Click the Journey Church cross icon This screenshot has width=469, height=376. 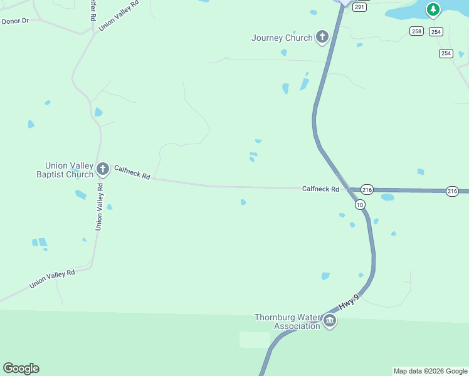322,37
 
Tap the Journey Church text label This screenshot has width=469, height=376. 282,38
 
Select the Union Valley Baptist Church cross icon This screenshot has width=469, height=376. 102,169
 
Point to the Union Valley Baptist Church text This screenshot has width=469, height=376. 65,170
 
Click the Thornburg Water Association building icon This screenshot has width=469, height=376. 330,321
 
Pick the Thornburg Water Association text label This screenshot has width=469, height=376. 288,321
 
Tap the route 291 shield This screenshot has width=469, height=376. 359,7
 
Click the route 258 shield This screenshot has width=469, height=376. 417,31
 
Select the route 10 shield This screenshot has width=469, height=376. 359,205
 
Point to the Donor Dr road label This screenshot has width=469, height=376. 16,21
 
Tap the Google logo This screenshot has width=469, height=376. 21,368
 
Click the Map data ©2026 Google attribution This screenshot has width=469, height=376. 430,371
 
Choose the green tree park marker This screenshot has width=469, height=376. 433,9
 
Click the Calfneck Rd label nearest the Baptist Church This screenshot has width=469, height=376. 132,172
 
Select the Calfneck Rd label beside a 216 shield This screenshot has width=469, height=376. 320,189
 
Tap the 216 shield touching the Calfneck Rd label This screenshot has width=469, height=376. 367,189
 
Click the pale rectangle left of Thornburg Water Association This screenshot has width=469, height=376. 255,340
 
